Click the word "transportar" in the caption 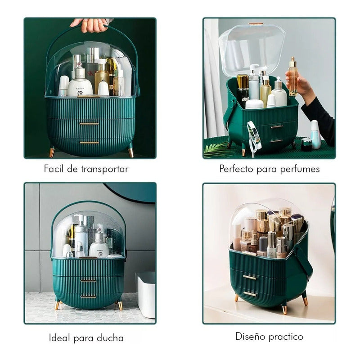pyautogui.click(x=104, y=169)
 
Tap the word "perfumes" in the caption pyautogui.click(x=300, y=170)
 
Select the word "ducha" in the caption pyautogui.click(x=110, y=338)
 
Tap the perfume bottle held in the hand pyautogui.click(x=293, y=76)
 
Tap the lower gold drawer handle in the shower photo pyautogui.click(x=88, y=297)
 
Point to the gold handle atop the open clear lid pyautogui.click(x=256, y=23)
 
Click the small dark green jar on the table pyautogui.click(x=306, y=144)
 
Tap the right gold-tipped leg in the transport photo pyautogui.click(x=131, y=151)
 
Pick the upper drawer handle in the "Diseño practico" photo pyautogui.click(x=250, y=277)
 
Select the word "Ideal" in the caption pyautogui.click(x=59, y=338)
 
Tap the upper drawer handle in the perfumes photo pyautogui.click(x=277, y=126)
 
